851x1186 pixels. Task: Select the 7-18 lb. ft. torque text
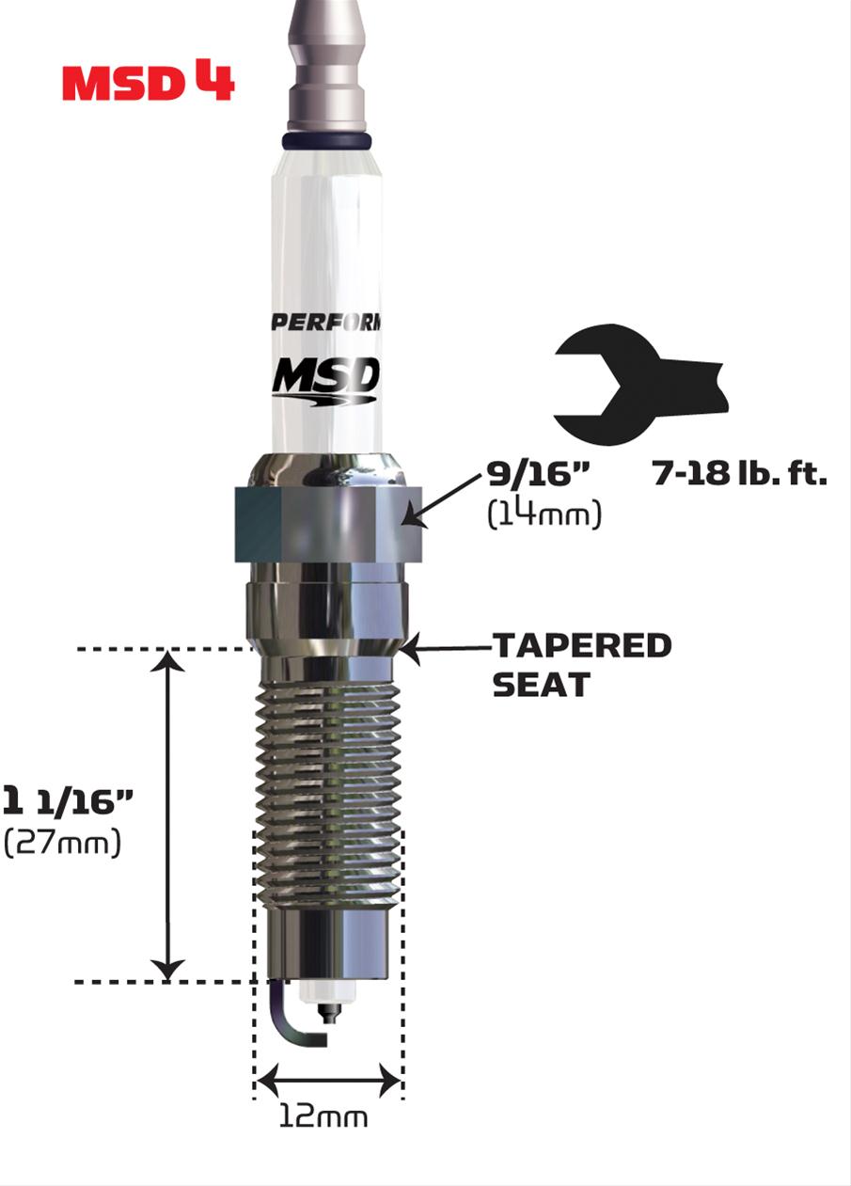click(739, 473)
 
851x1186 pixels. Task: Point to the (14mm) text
click(544, 514)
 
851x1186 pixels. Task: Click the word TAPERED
click(582, 646)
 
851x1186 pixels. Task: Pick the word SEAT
click(541, 685)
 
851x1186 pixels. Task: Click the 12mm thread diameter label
click(323, 1116)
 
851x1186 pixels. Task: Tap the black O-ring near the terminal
click(326, 142)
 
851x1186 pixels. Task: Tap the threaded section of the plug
click(325, 781)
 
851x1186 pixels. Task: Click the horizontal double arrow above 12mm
click(328, 1080)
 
